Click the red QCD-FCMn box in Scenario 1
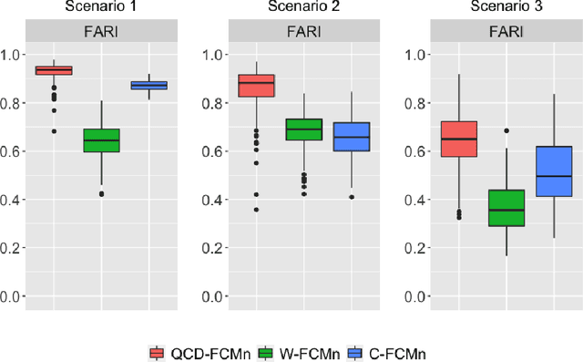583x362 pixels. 54,70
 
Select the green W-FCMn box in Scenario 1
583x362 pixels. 101,140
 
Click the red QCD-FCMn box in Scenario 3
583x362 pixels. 459,139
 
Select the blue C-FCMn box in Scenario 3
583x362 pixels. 554,171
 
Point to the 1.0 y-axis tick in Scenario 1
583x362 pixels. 12,55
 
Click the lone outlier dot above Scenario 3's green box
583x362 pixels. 506,130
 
